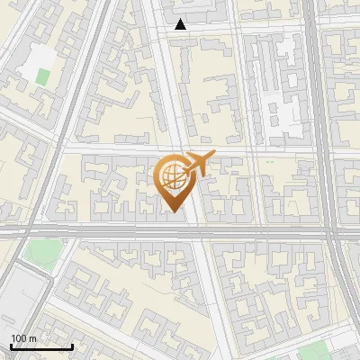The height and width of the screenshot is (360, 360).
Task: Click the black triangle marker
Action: click(181, 24)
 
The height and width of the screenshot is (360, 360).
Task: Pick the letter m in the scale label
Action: click(32, 337)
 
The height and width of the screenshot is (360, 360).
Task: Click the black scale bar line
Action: click(41, 346)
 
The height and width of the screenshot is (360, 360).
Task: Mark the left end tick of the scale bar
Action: click(11, 346)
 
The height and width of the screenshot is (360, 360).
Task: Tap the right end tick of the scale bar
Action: click(72, 346)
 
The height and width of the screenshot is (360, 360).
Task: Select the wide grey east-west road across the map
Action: click(108, 231)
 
